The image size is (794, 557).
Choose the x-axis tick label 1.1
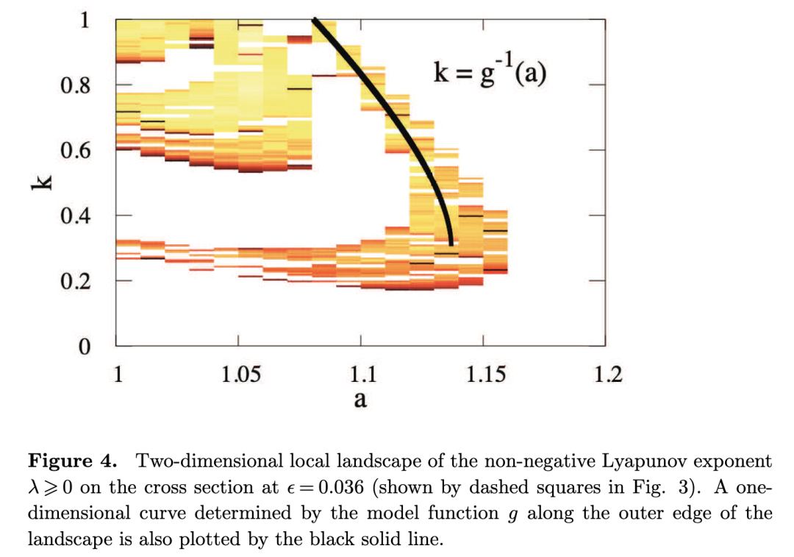(361, 375)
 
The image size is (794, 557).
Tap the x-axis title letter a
(360, 401)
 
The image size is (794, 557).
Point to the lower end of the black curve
(451, 242)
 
